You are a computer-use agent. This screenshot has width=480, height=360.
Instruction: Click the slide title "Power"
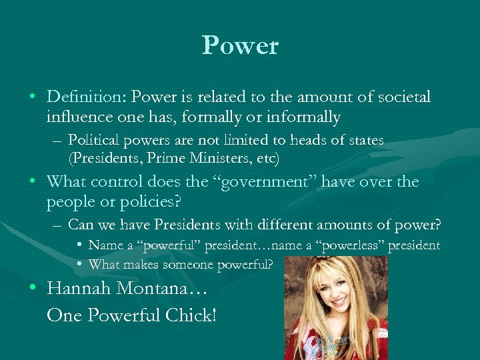240,45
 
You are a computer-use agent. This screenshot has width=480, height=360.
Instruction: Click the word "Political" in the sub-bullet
91,140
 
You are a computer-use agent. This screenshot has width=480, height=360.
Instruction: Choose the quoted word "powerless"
352,245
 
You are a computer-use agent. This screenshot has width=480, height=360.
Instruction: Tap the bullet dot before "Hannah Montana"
33,289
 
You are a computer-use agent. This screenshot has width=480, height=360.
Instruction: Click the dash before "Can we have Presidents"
58,225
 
